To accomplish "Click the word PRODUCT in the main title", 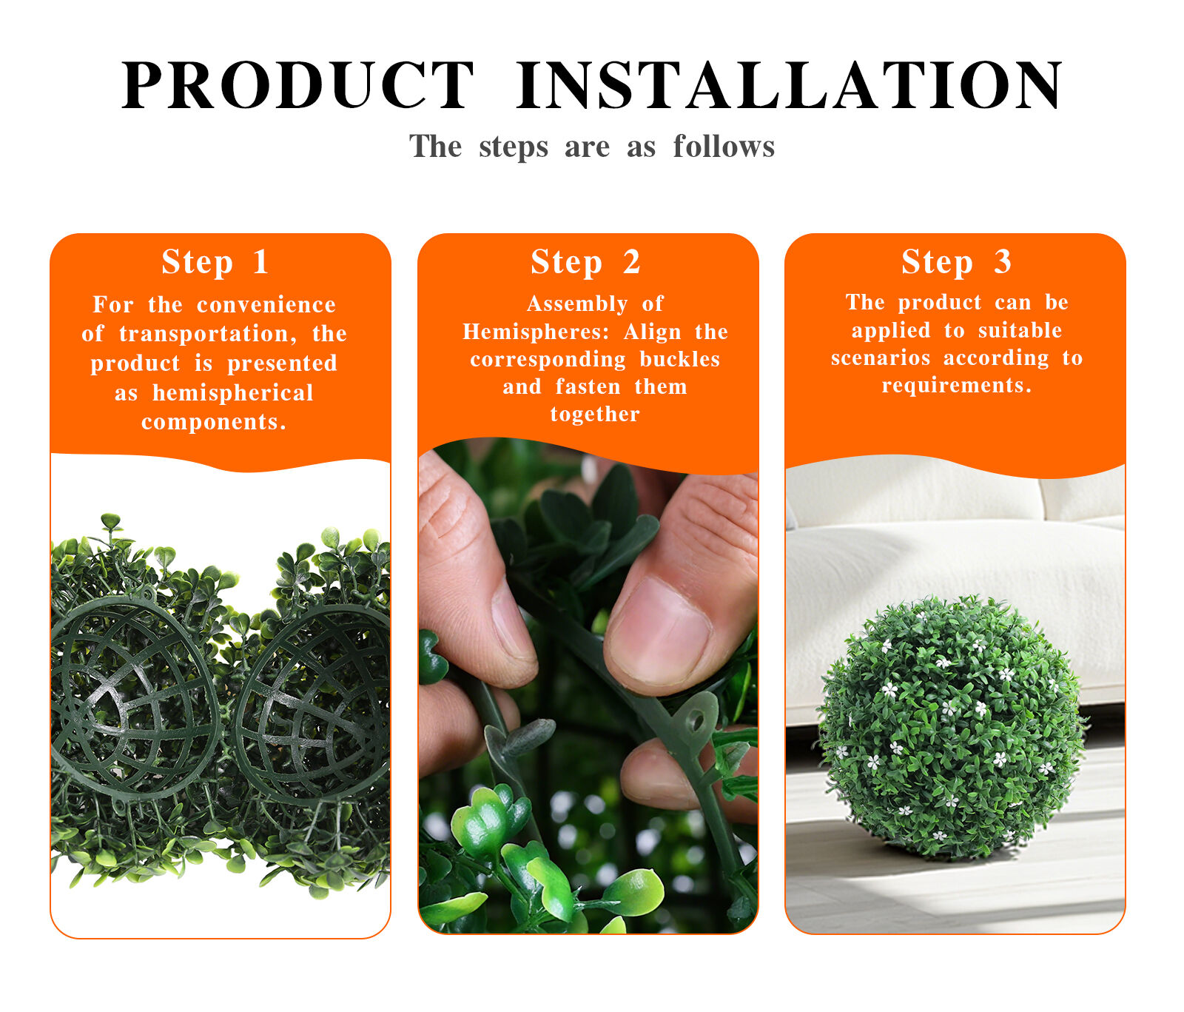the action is tap(297, 85).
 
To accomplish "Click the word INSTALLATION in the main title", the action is tap(790, 85).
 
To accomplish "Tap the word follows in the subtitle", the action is tap(724, 146).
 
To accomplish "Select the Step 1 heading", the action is tap(215, 262).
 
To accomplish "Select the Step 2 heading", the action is tap(585, 262).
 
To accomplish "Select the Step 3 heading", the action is tap(956, 262).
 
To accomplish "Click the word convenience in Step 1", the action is tap(266, 304).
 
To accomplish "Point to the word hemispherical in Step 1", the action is tap(233, 392).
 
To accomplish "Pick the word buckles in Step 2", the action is tap(679, 359).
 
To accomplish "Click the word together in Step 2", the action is tap(595, 414).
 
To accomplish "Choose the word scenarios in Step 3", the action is tap(881, 358).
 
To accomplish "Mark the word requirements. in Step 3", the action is tap(957, 386).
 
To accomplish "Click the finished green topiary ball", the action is tap(951, 728).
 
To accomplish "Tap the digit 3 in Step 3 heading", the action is tap(1002, 262).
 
